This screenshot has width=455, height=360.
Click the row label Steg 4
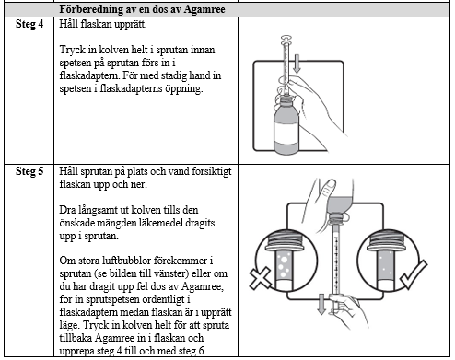[29, 24]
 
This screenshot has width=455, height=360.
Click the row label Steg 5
[29, 171]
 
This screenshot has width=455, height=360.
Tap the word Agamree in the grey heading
[204, 9]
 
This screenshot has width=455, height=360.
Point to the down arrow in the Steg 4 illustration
[297, 64]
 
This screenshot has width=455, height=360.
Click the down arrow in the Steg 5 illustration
[321, 304]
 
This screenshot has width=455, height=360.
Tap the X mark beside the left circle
[261, 278]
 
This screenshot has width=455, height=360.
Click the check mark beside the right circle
[414, 274]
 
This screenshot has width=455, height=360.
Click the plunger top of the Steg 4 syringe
[286, 39]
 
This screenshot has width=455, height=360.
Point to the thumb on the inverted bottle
[329, 186]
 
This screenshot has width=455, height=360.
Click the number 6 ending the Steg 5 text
[202, 351]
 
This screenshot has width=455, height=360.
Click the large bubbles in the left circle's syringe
[284, 265]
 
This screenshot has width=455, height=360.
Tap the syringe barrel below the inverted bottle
[337, 260]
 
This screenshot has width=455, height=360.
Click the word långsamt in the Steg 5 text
[98, 210]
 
